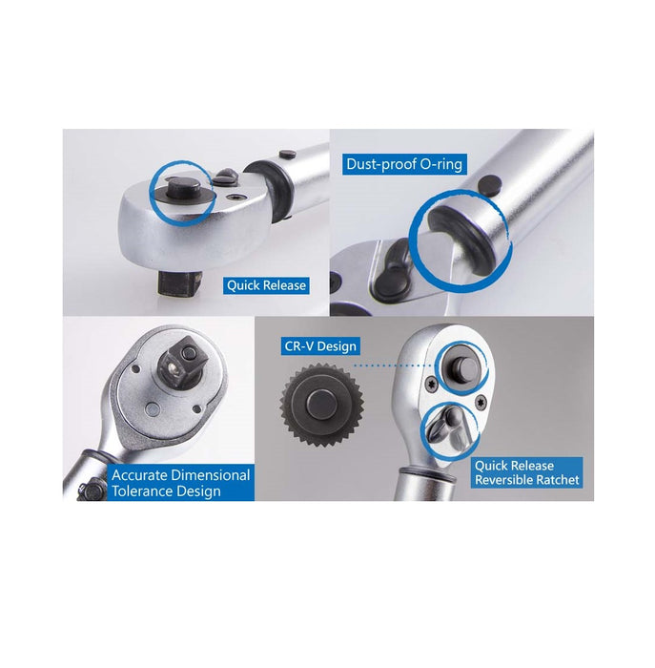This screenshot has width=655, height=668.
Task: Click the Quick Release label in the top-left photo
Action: (x=266, y=285)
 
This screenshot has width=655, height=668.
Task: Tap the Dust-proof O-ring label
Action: (x=404, y=164)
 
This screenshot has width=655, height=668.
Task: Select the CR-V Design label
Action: (x=320, y=345)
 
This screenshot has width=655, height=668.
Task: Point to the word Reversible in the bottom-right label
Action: (x=503, y=480)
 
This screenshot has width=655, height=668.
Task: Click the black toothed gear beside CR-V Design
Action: (x=321, y=405)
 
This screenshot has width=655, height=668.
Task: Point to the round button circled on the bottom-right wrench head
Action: (x=461, y=368)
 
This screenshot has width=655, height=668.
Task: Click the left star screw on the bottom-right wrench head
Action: (x=430, y=383)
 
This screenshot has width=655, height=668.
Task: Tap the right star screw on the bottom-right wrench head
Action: (x=481, y=401)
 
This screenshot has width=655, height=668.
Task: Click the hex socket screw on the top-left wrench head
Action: (x=235, y=197)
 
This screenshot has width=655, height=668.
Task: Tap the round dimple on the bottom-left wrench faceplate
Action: (x=152, y=409)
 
